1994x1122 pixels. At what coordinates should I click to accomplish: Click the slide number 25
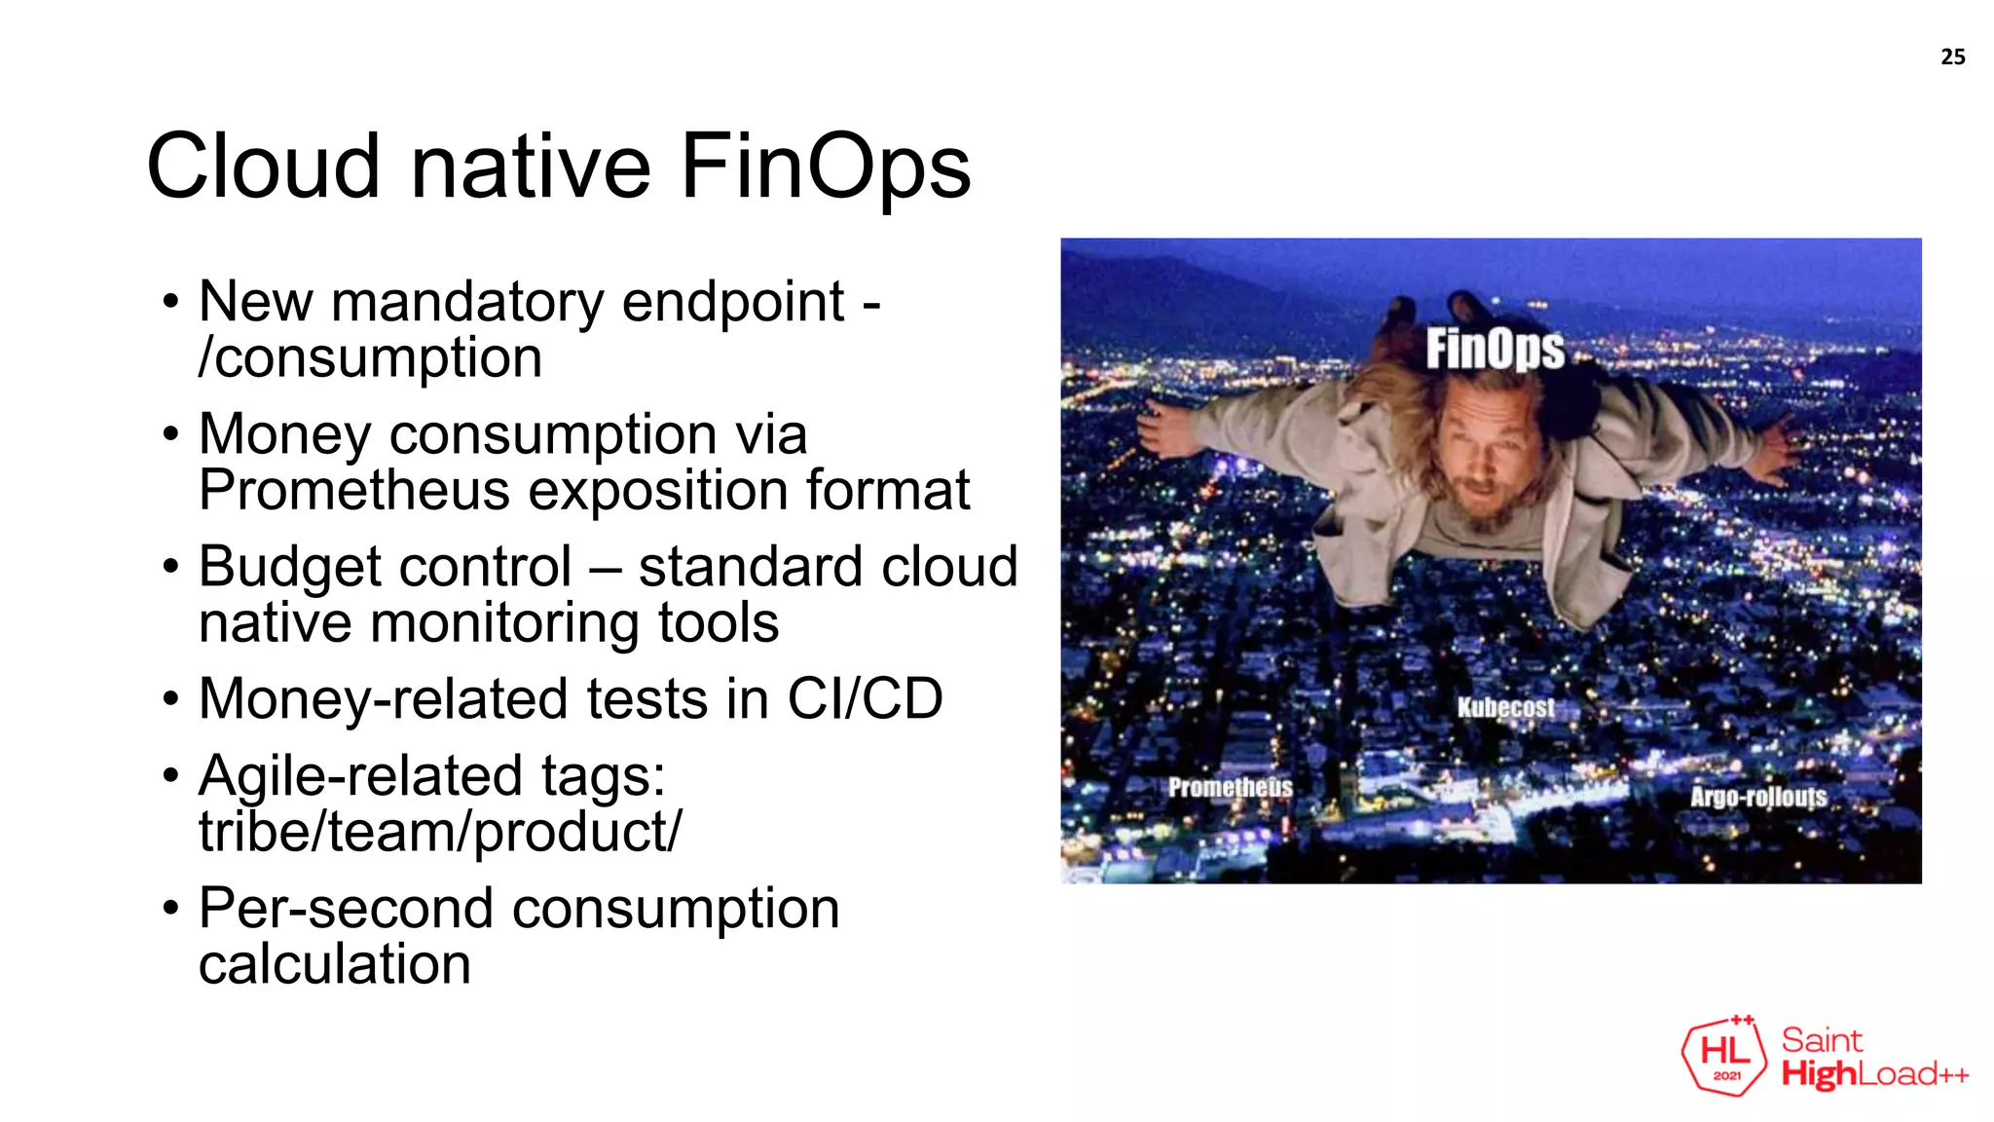click(1952, 57)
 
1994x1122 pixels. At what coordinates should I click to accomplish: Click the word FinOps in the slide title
click(826, 167)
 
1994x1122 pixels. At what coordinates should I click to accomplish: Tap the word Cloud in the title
click(263, 167)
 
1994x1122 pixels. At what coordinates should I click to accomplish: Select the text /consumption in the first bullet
click(370, 357)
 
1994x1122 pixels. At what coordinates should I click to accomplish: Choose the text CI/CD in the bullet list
click(865, 698)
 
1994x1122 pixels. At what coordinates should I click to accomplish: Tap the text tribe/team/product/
click(440, 831)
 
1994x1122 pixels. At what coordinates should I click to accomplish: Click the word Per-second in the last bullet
click(347, 909)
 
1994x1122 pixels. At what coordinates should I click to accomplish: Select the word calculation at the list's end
click(335, 964)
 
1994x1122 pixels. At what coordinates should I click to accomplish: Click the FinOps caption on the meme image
click(1495, 350)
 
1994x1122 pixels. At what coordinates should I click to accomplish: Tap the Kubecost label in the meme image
click(1505, 708)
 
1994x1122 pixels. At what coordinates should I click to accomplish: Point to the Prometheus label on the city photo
click(1230, 787)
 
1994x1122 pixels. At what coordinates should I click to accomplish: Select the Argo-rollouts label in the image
click(1758, 797)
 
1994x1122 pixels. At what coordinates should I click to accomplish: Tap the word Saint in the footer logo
click(1822, 1040)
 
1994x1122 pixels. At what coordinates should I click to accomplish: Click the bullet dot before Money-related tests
click(171, 699)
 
